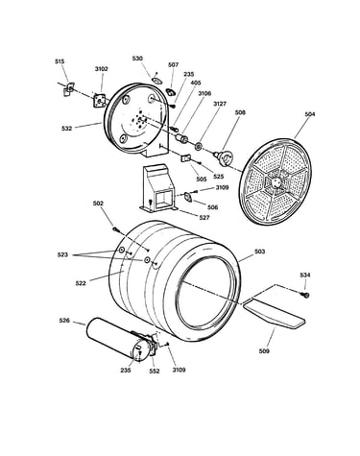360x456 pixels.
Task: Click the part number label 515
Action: [60, 61]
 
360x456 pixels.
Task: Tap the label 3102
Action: [102, 69]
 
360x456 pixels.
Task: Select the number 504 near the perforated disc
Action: [309, 114]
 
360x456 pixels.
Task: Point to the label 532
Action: [66, 129]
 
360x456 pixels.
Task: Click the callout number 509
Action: [264, 351]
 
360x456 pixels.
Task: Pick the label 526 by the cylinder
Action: [64, 321]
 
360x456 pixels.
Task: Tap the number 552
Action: [155, 372]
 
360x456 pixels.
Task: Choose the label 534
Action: [305, 275]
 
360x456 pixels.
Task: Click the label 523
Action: [62, 255]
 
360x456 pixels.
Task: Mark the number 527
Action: [204, 218]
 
